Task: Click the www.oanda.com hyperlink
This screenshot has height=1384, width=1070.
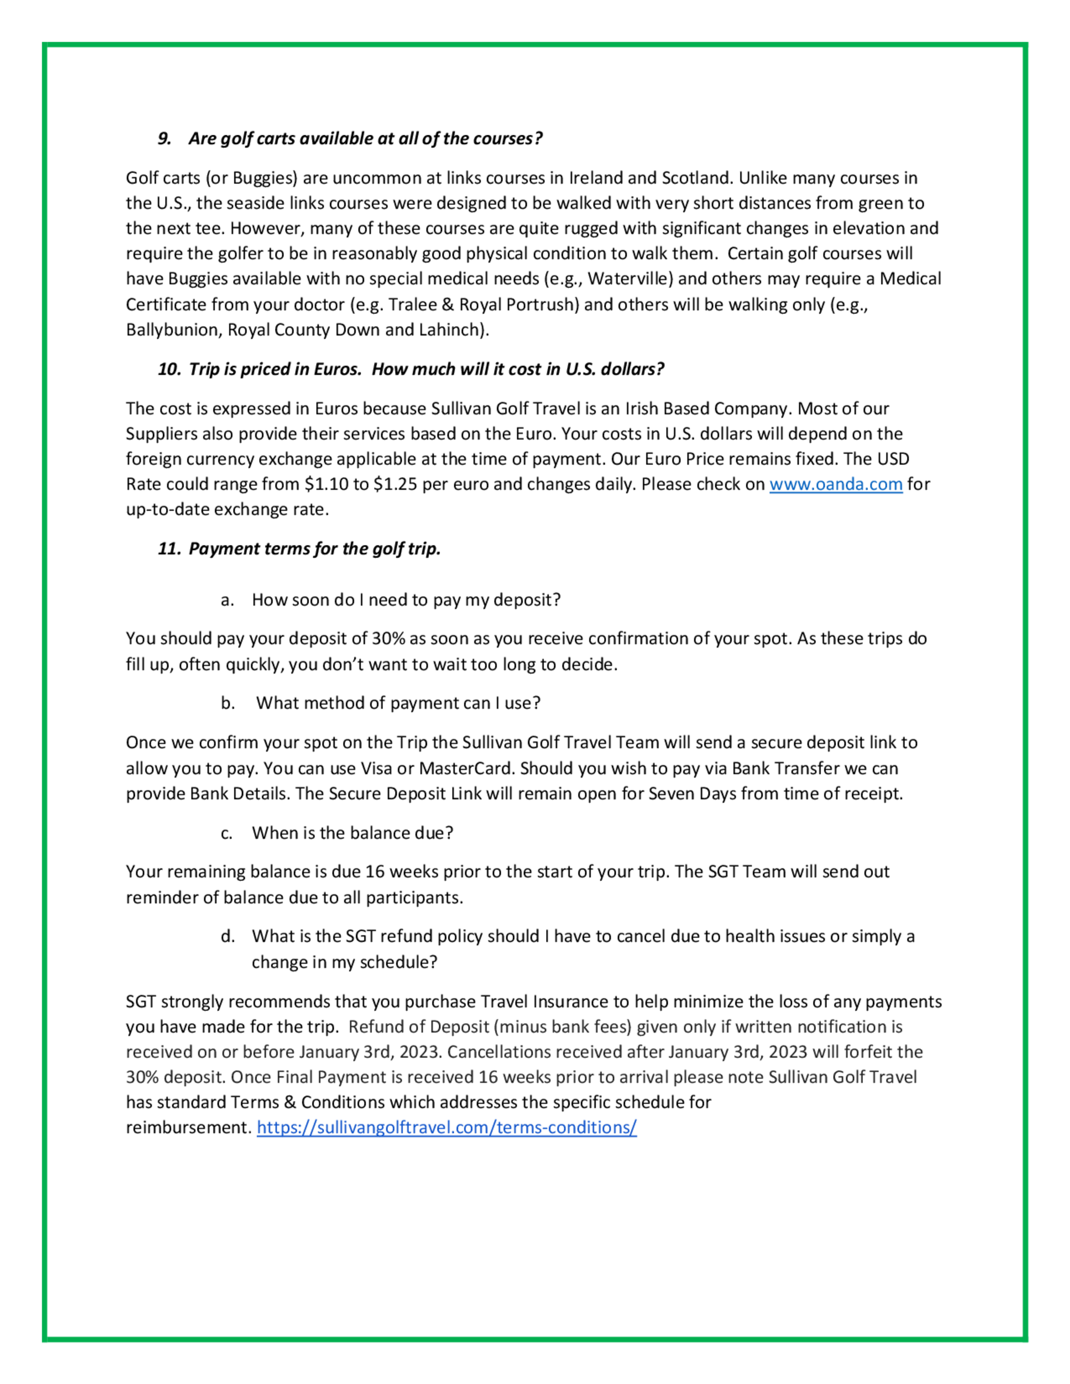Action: (836, 484)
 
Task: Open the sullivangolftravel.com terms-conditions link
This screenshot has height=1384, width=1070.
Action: (446, 1127)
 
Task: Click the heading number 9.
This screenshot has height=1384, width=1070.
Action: (165, 139)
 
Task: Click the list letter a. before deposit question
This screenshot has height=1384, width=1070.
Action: (227, 600)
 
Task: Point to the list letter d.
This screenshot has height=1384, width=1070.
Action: (227, 936)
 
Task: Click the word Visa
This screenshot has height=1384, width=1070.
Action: (377, 768)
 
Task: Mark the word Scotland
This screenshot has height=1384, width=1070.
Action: (695, 178)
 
